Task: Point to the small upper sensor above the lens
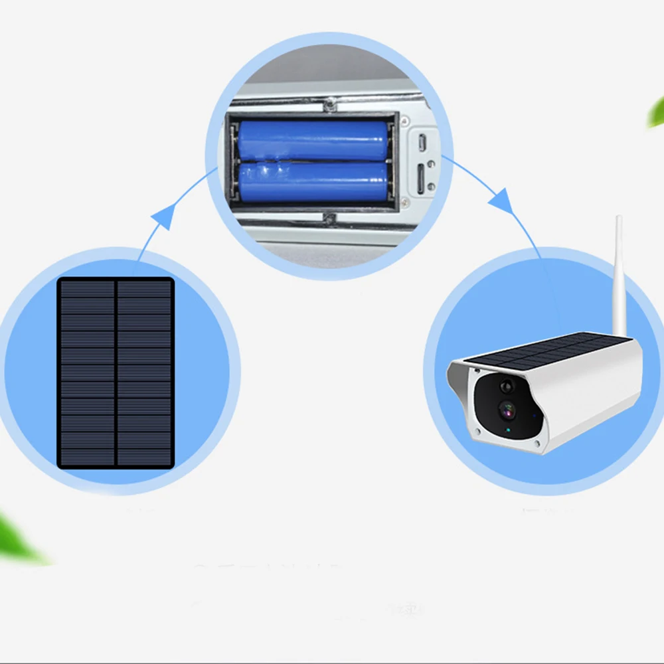point(507,385)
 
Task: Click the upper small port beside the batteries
point(422,141)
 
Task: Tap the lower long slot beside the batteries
point(422,177)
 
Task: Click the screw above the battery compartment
point(327,104)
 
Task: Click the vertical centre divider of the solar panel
point(116,373)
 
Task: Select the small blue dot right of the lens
point(535,418)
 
